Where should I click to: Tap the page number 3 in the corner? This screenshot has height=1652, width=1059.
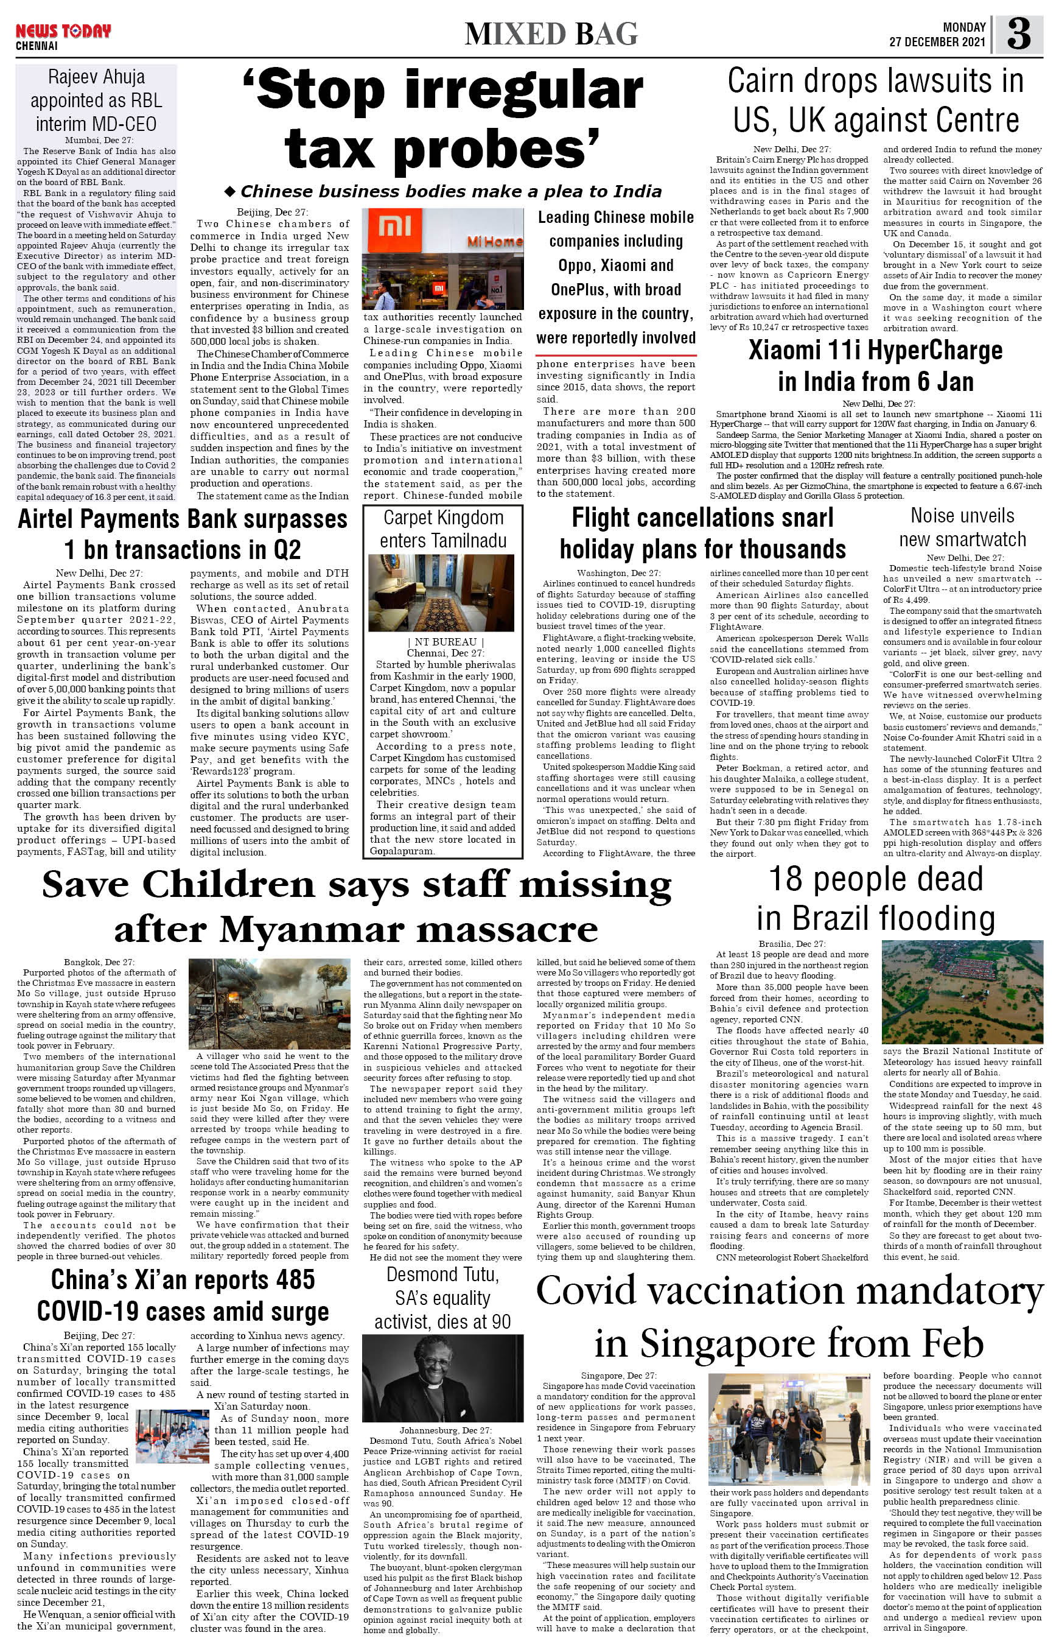click(x=1018, y=33)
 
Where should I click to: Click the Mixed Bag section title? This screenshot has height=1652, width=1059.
click(x=551, y=33)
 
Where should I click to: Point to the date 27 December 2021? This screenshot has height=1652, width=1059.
click(x=937, y=41)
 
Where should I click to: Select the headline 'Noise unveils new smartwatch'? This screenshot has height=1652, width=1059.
click(x=962, y=528)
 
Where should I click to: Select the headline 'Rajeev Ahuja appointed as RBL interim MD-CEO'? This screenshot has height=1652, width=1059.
click(x=96, y=100)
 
